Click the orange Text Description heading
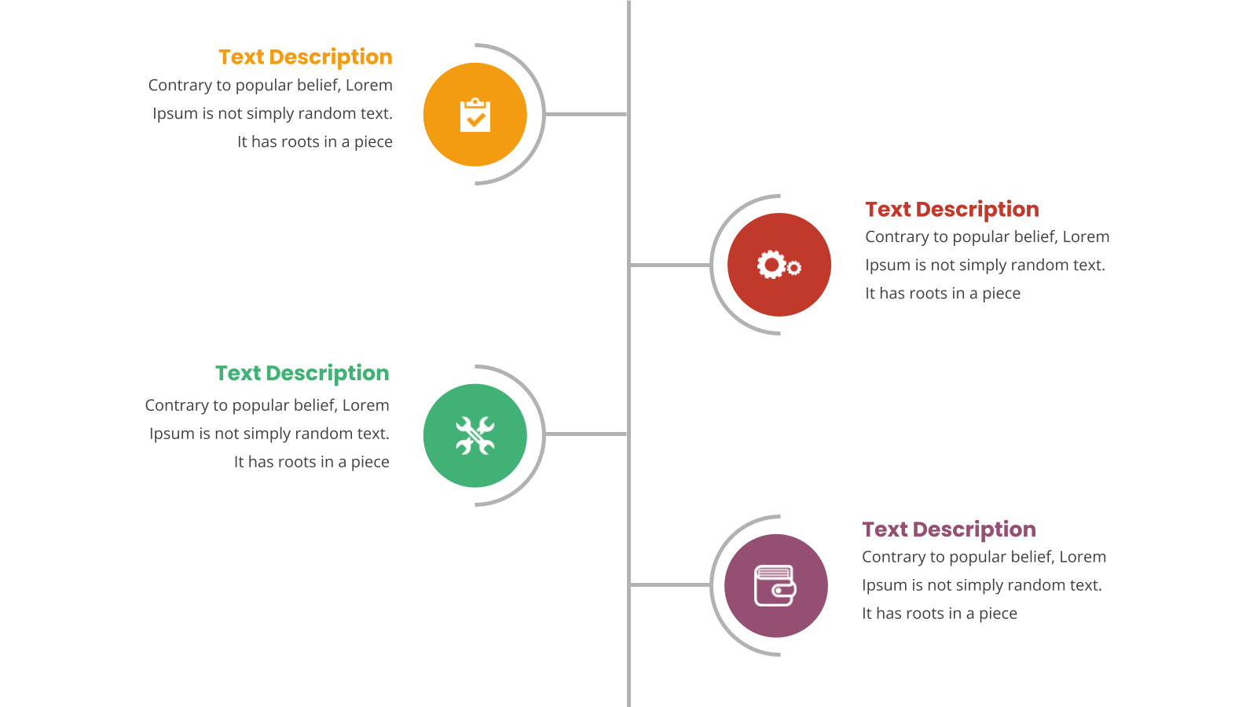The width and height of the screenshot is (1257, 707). [x=306, y=57]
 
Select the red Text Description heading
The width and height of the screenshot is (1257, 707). [x=951, y=209]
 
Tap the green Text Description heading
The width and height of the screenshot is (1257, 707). [x=302, y=373]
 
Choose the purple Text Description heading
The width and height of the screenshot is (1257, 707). [x=949, y=529]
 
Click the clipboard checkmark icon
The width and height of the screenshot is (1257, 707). [x=475, y=115]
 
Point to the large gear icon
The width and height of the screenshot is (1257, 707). [x=771, y=264]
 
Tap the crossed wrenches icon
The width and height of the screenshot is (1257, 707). [x=475, y=435]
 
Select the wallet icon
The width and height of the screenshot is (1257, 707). [x=775, y=586]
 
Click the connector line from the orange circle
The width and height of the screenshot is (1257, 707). [x=586, y=115]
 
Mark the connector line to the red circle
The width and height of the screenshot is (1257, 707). [x=670, y=265]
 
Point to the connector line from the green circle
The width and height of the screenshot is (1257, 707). [x=586, y=434]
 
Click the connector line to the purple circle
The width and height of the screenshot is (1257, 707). [x=670, y=584]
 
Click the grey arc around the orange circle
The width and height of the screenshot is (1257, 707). [x=544, y=115]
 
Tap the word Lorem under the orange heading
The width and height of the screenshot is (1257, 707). [x=368, y=86]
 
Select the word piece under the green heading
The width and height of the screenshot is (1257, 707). [x=370, y=463]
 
